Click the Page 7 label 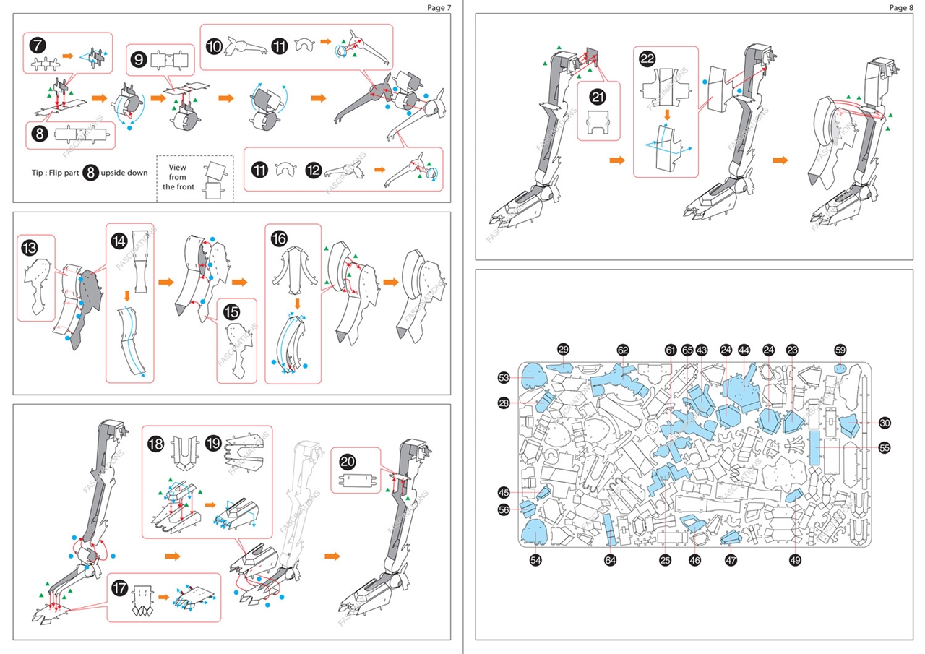[438, 7]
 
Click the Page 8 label [901, 7]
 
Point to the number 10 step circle [215, 46]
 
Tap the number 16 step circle [280, 237]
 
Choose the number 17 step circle [120, 588]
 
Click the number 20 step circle [348, 462]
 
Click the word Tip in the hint [34, 173]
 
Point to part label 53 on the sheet [504, 378]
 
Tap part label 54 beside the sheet [535, 559]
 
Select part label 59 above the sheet [840, 349]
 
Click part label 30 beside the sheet [885, 423]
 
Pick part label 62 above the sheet [623, 349]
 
